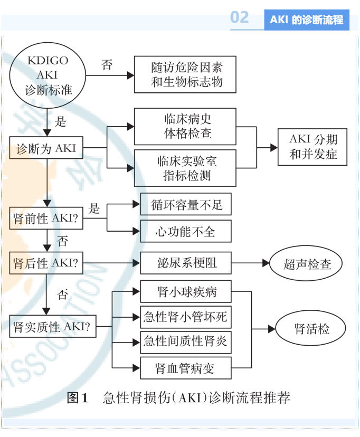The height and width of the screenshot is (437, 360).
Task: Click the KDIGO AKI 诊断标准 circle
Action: (x=48, y=75)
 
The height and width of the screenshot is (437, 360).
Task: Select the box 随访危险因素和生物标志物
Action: (x=186, y=75)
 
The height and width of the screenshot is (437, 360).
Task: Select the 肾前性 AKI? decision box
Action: (x=46, y=218)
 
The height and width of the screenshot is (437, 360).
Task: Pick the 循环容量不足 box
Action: (x=186, y=204)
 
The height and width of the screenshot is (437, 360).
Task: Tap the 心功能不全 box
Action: (x=186, y=231)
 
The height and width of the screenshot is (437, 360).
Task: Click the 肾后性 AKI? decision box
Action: (x=46, y=262)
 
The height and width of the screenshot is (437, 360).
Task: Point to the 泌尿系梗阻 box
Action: (x=186, y=262)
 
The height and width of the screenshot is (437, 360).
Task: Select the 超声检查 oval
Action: (x=307, y=263)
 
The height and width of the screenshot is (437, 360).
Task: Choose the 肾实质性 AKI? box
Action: (x=53, y=327)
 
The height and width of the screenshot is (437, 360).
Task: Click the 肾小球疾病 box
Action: (x=186, y=291)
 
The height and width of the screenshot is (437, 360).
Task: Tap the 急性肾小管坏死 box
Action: (x=186, y=317)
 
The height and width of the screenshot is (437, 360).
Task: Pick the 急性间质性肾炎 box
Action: (x=186, y=342)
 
